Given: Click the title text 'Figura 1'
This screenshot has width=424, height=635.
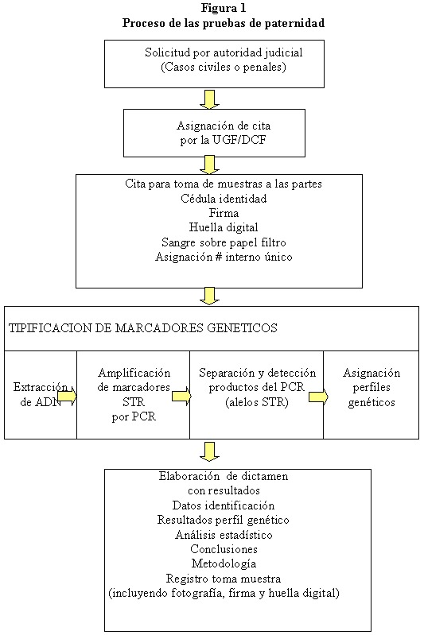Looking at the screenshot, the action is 224,8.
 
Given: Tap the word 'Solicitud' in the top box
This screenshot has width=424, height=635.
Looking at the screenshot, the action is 167,52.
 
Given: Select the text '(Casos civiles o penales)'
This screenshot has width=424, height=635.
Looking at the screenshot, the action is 224,67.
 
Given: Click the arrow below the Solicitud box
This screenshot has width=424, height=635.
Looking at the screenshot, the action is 209,99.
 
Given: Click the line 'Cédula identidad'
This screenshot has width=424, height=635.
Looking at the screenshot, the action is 224,199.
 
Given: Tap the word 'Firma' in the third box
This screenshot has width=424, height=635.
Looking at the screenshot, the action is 224,213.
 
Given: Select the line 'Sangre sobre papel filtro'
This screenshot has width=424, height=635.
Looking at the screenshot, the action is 224,242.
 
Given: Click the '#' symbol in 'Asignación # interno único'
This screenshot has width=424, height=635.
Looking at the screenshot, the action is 218,257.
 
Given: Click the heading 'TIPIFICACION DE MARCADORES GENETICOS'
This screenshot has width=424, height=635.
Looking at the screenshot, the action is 143,327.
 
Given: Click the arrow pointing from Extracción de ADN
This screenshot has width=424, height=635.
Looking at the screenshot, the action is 67,396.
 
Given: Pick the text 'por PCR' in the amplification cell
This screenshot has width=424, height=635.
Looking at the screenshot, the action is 134,416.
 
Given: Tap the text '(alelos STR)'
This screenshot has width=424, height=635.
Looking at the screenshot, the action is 257,403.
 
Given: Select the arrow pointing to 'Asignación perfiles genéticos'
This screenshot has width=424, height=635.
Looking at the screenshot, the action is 318,397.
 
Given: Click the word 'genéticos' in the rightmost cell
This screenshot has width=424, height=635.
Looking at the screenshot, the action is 371,402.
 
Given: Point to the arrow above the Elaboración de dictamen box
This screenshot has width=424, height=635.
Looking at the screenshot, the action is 209,451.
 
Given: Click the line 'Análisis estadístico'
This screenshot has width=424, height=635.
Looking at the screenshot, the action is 224,535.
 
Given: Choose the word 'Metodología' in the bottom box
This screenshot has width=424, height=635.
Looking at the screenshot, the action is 224,563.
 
